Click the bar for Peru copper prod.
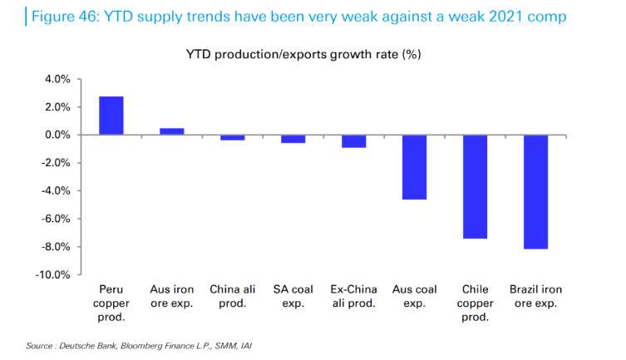tap(111, 116)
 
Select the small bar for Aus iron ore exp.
tap(171, 131)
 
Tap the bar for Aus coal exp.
tap(414, 167)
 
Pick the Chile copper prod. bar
tap(475, 186)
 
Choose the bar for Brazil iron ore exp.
tap(535, 191)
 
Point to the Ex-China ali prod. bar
tap(353, 141)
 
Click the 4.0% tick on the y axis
tap(56, 79)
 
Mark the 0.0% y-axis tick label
tap(56, 135)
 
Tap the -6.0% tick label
tap(54, 219)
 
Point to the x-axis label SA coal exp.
tap(293, 297)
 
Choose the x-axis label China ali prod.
tap(232, 297)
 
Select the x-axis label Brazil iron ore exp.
tap(535, 297)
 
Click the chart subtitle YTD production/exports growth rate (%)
tap(312, 55)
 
